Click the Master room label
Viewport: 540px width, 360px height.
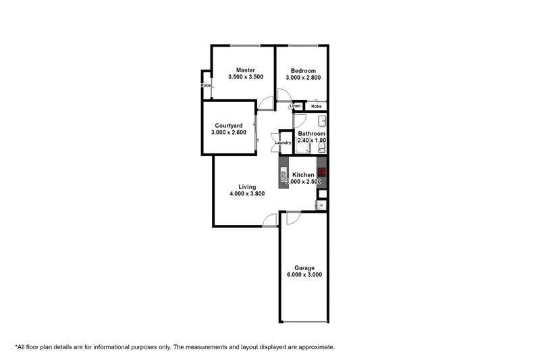point(244,70)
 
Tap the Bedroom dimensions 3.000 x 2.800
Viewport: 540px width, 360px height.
point(303,78)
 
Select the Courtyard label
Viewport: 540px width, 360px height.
point(228,126)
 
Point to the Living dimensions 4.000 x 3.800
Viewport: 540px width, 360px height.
point(247,194)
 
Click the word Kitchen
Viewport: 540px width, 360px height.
point(303,175)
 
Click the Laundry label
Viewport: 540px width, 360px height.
point(283,143)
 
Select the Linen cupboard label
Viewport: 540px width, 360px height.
point(295,107)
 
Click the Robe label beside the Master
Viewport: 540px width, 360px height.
point(205,86)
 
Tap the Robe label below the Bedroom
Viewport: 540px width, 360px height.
point(316,107)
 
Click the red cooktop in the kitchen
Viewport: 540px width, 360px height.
point(321,172)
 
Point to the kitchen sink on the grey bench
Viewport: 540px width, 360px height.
point(283,177)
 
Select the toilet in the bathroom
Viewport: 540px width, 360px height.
point(322,148)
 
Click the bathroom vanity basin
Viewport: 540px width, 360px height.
point(322,122)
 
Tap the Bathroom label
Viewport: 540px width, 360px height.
point(312,134)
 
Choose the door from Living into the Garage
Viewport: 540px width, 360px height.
point(292,217)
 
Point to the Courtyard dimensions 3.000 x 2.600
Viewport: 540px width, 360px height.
point(228,133)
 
